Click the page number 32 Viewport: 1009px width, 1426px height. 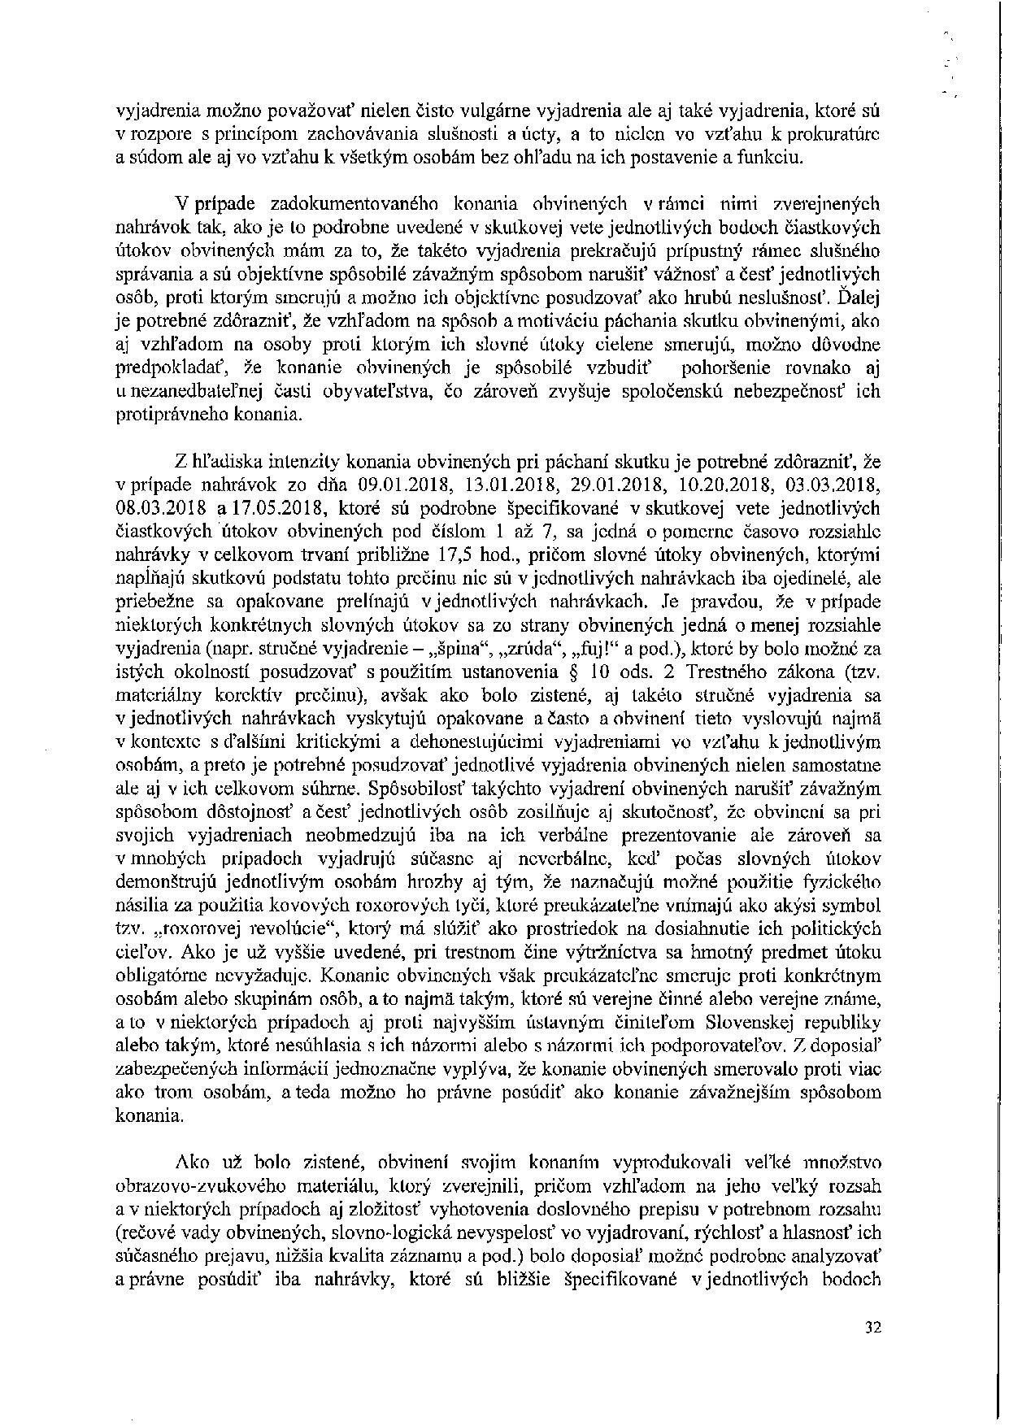874,1328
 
